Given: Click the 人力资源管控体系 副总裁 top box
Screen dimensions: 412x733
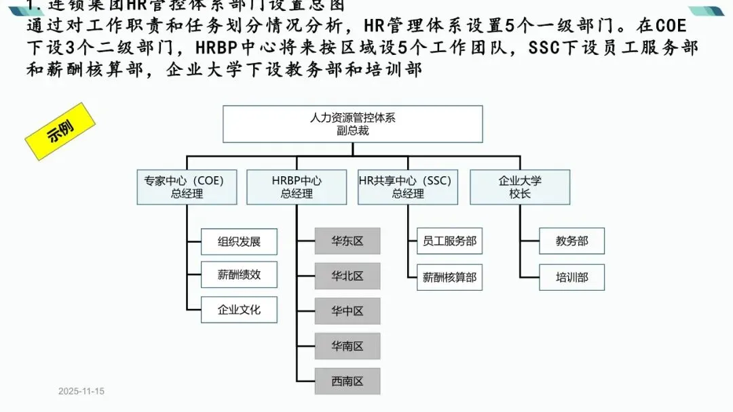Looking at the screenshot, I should pos(353,124).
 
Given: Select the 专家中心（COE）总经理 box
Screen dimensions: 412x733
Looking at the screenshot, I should pos(187,187).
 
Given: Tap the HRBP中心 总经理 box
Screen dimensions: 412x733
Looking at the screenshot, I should pos(297,187).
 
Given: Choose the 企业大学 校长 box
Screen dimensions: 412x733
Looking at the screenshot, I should pos(520,187).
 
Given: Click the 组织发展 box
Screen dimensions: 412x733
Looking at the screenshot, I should pos(239,241).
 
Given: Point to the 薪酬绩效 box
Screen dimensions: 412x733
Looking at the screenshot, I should pos(239,274).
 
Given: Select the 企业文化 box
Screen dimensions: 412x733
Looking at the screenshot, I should pos(239,310).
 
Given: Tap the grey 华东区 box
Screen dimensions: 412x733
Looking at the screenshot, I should pos(347,241).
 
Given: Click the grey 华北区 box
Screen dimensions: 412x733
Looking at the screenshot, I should pos(347,276).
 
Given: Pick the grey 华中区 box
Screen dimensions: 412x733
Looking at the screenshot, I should pos(347,311).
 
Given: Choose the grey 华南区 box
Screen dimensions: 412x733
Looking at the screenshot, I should pos(347,346).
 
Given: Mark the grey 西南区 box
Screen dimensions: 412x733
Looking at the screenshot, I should pos(347,382).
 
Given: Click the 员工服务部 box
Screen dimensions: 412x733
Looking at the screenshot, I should pos(449,241).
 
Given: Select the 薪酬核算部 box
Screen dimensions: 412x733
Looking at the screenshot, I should pos(449,277).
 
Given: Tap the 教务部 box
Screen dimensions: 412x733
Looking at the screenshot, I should pos(571,241).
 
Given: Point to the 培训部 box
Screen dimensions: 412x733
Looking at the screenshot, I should pos(571,277).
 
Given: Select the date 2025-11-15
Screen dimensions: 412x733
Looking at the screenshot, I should pos(81,392).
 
